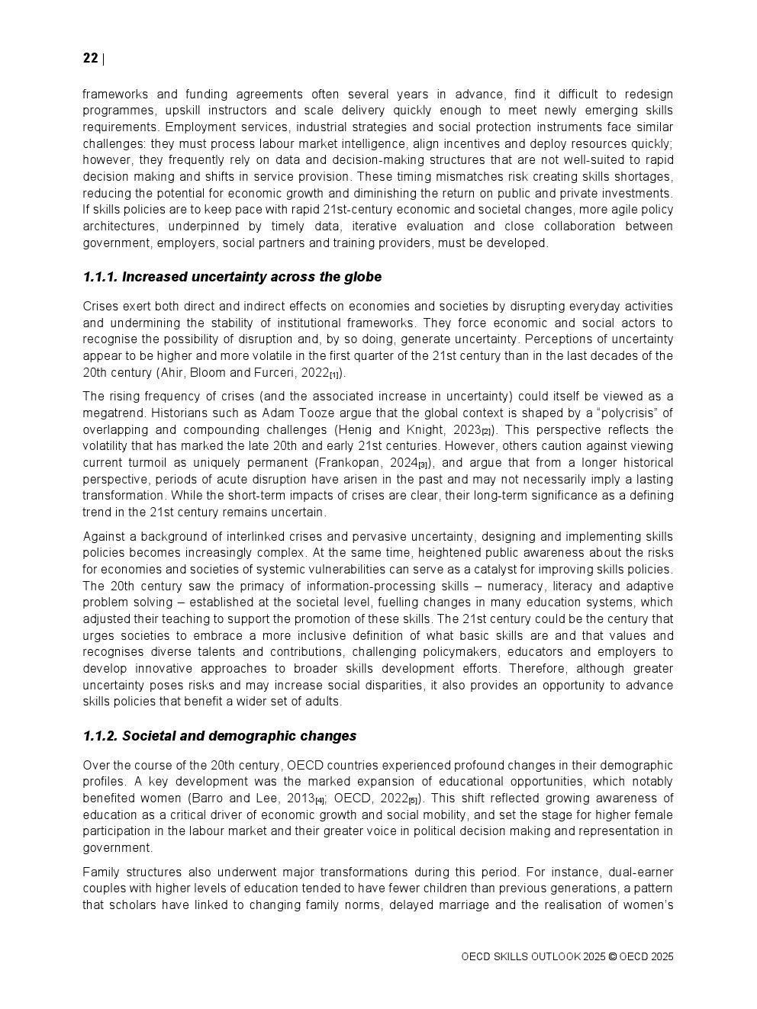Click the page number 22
click(90, 59)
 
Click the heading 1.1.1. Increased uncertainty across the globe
click(232, 277)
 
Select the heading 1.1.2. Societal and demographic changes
click(220, 736)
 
